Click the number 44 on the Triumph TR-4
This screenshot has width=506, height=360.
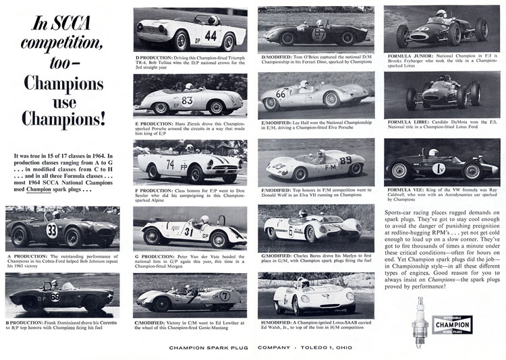coord(211,35)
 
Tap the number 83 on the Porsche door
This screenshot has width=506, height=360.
coord(187,100)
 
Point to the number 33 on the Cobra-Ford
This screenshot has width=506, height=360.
coord(52,230)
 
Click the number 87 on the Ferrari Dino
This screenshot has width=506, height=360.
coord(319,33)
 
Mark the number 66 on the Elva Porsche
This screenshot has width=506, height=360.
coord(281,94)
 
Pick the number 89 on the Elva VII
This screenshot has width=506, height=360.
coord(345,160)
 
